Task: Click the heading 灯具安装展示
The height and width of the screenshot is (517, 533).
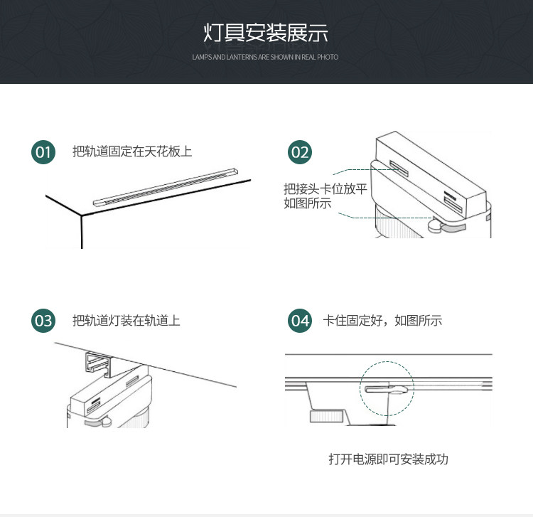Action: [x=266, y=33]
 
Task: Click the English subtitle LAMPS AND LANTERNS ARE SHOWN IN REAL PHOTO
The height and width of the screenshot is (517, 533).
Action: [x=265, y=57]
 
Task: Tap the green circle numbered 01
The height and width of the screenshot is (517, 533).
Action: [x=43, y=151]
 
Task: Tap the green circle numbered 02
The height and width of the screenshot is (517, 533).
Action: [x=300, y=151]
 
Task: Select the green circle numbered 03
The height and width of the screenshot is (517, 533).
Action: [x=43, y=321]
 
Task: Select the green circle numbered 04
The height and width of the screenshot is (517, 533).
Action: [x=300, y=321]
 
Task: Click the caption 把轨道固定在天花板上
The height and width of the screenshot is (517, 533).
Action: [x=132, y=151]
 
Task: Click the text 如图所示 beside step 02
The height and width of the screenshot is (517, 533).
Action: [x=307, y=203]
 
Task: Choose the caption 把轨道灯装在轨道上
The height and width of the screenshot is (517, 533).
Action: [x=126, y=321]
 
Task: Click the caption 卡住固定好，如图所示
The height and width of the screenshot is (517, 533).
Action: [x=383, y=321]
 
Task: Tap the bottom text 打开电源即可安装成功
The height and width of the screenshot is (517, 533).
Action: [x=388, y=459]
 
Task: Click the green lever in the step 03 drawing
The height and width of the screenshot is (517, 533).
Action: [x=96, y=420]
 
